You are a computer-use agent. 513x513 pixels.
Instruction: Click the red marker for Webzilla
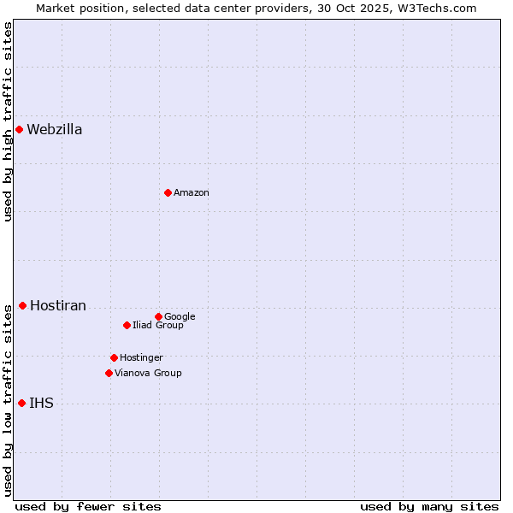(19, 130)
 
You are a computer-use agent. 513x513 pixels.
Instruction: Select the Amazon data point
(168, 193)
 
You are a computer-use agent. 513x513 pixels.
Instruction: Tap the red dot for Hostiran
(22, 306)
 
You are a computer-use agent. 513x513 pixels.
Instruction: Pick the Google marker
(158, 317)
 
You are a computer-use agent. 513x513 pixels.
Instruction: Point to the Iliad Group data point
(127, 326)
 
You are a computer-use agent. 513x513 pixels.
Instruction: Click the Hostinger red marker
(114, 358)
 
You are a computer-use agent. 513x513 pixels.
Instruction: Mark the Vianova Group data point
(109, 374)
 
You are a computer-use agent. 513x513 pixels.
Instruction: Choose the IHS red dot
(21, 404)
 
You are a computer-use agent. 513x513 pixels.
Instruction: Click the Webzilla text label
(55, 130)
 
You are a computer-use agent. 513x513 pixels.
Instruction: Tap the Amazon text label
(192, 193)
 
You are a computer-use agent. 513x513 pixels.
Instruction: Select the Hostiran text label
(58, 306)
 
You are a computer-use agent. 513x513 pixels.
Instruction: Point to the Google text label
(180, 317)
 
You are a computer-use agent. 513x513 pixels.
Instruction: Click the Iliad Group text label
(158, 326)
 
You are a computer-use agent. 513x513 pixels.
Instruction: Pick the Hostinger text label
(141, 358)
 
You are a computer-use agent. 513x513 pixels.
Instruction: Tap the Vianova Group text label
(148, 374)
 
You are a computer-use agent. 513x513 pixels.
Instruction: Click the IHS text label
(41, 404)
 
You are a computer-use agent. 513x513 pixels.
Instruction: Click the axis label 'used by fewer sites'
(88, 506)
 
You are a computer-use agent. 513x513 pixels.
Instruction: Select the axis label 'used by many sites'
(429, 506)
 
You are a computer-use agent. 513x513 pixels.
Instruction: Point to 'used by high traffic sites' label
(8, 121)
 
